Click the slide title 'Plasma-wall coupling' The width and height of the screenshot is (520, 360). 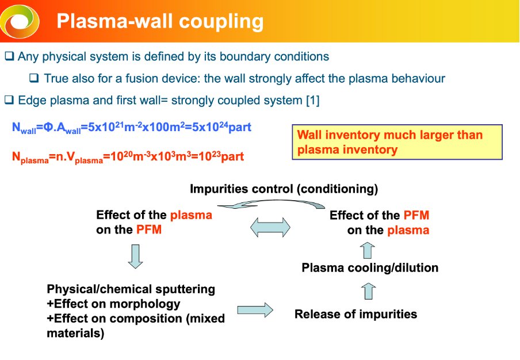coord(160,22)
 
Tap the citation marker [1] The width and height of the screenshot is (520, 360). coord(311,100)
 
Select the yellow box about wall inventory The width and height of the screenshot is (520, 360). coord(397,143)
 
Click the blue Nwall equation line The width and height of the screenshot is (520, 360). coord(132,127)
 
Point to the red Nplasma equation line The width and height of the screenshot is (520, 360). coord(128,156)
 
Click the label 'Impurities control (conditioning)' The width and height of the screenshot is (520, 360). coord(284,189)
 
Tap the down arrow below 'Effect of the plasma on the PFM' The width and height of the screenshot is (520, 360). coord(135,256)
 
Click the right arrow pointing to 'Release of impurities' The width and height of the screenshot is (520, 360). coord(255,310)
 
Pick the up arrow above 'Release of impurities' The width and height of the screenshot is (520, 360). coord(369,291)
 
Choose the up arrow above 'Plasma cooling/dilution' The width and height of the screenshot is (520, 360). coord(369,250)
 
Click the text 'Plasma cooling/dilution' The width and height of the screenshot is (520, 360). coord(370,268)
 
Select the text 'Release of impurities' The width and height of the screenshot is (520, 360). coord(355,314)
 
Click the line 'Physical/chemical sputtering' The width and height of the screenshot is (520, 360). coord(131,289)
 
